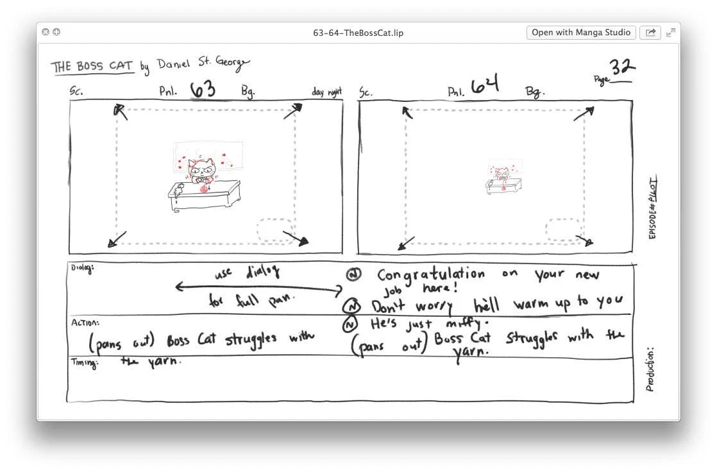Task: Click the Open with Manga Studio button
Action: tap(581, 33)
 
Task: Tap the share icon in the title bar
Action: tap(650, 33)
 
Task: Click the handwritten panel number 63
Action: tap(203, 89)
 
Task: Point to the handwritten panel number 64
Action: tap(485, 86)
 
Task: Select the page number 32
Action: tap(621, 67)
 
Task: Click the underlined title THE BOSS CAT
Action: tap(92, 67)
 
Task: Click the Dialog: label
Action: tap(81, 268)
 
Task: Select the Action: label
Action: tap(85, 323)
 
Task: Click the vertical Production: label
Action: tap(650, 369)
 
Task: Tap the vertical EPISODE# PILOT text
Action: tap(652, 208)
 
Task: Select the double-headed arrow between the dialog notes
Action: tap(259, 288)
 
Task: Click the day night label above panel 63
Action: tap(326, 92)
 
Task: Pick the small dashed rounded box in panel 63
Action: tap(276, 230)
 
